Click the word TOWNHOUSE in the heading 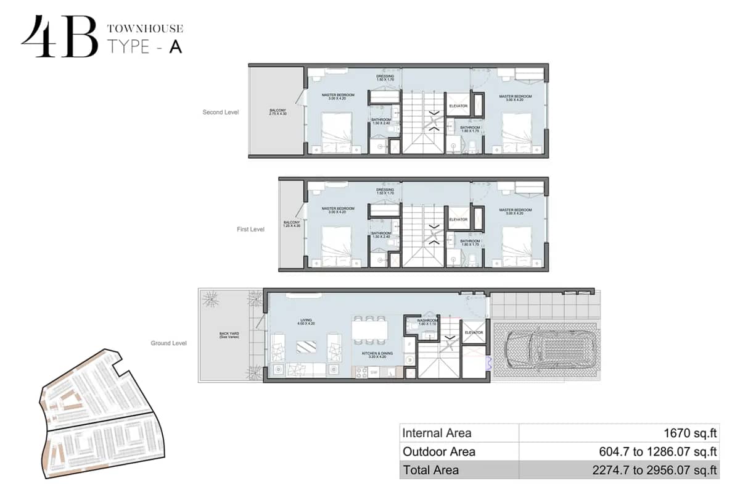coord(145,28)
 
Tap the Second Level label coord(220,112)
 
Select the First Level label coord(250,229)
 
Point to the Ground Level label coord(168,343)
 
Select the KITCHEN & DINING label coord(377,355)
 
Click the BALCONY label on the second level coord(277,112)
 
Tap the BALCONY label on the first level coord(291,224)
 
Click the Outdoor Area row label coord(438,451)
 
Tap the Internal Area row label coord(437,433)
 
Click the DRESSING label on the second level coord(385,78)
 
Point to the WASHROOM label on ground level coord(427,322)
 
